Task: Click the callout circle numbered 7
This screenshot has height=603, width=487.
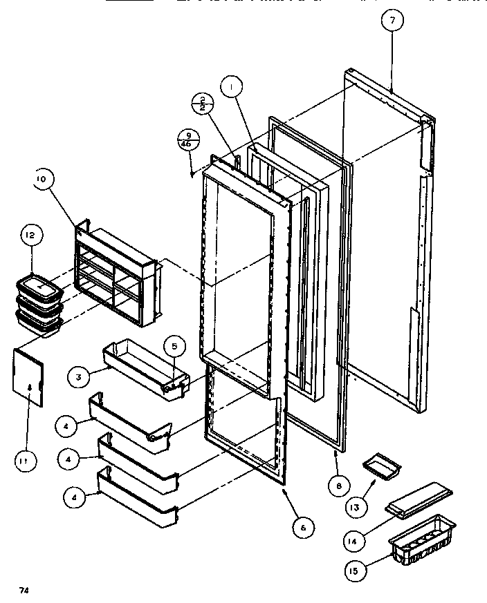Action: (x=392, y=21)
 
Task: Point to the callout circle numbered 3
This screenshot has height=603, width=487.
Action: (x=80, y=378)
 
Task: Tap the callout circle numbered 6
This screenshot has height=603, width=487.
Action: (x=302, y=528)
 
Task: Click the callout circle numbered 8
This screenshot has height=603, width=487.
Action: (x=338, y=485)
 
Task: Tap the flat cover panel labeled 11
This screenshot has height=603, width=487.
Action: (x=30, y=376)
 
